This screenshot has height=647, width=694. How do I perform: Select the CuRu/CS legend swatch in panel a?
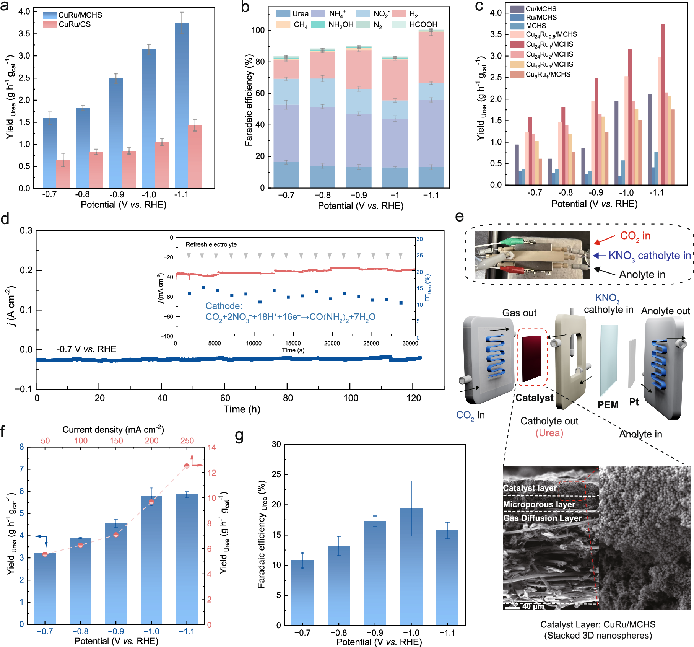(x=50, y=24)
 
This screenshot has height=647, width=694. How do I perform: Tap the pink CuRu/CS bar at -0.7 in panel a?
(x=63, y=174)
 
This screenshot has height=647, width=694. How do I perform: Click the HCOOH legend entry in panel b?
(x=423, y=24)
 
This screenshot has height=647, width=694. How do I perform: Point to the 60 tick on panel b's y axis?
(x=260, y=93)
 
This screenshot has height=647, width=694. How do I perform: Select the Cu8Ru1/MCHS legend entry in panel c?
(x=548, y=74)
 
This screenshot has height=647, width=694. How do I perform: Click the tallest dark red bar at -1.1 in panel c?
(x=663, y=103)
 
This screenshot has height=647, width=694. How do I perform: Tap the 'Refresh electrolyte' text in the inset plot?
(x=211, y=244)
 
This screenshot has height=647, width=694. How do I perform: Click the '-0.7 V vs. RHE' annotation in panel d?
(x=86, y=349)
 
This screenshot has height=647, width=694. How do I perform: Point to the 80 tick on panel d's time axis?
(x=288, y=398)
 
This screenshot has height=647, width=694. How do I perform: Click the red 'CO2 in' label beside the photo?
(x=635, y=236)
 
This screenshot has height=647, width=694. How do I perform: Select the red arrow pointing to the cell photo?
(x=605, y=240)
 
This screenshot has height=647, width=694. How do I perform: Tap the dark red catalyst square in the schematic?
(x=532, y=358)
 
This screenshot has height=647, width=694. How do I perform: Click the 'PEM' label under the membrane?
(x=608, y=404)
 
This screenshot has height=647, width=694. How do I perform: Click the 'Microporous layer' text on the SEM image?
(x=539, y=504)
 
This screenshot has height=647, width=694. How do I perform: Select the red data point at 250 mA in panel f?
(x=187, y=466)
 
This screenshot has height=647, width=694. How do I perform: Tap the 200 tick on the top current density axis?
(x=151, y=440)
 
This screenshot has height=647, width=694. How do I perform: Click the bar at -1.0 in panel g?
(x=411, y=566)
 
